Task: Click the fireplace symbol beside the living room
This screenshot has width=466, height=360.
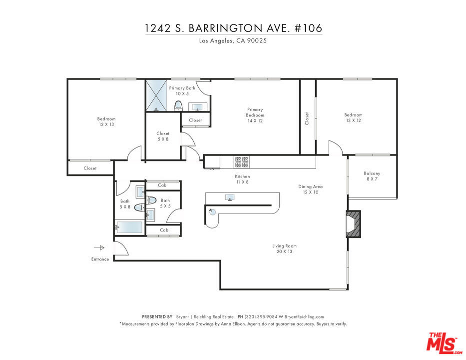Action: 353,223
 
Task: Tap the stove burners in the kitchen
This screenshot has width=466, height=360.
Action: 242,162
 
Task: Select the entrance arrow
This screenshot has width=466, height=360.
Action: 99,247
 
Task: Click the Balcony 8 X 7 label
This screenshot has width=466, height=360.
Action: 372,176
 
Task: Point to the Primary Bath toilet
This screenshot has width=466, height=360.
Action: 178,105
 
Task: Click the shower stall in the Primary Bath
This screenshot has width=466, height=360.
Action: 156,95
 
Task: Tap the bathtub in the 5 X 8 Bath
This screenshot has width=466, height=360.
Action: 129,227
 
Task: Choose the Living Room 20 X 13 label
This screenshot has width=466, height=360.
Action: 284,248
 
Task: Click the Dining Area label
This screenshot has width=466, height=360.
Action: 310,186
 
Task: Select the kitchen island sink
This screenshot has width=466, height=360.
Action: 230,197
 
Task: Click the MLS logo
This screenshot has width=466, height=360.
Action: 444,343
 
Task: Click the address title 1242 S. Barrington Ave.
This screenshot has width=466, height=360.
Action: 234,28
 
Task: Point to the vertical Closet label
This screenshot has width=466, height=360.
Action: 307,118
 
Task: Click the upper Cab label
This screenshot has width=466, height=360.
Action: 162,185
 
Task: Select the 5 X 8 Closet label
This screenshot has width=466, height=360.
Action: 163,136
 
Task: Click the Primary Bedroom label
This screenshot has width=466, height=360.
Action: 255,115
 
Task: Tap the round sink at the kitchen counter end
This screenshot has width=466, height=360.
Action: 212,211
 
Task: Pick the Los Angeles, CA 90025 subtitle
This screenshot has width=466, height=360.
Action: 233,41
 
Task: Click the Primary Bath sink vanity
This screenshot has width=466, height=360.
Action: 198,107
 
